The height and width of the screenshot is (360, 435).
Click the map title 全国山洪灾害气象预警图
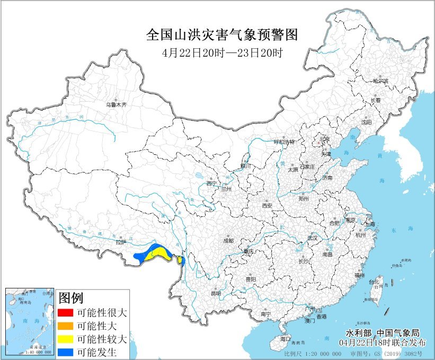tap(222, 36)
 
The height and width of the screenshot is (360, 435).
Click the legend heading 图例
tap(71, 298)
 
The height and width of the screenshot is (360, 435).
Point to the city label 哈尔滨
tap(380, 81)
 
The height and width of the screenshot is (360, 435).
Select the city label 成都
tap(228, 240)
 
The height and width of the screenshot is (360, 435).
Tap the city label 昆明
tap(216, 293)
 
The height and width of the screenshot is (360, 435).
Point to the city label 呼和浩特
tap(283, 142)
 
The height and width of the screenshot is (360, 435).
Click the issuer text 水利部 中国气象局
tap(382, 332)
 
